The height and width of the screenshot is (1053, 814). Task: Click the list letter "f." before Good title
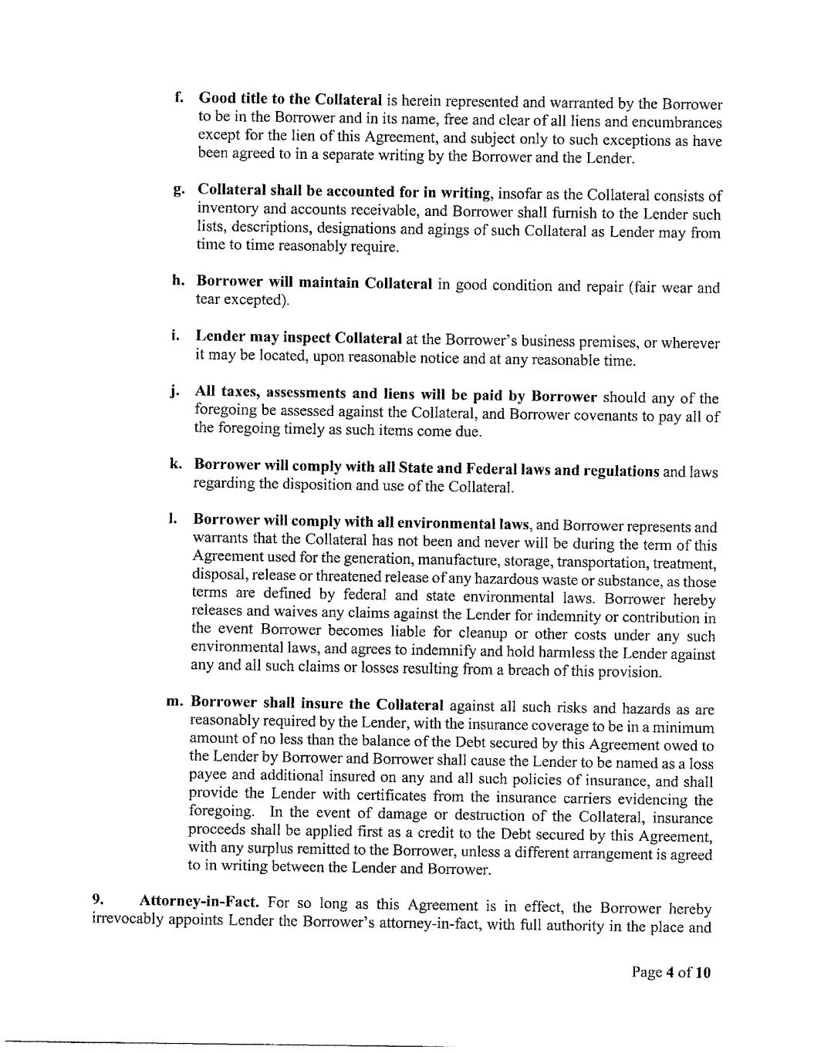tap(179, 98)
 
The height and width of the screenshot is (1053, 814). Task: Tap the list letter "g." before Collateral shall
tap(178, 189)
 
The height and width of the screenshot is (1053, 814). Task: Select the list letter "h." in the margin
tap(178, 281)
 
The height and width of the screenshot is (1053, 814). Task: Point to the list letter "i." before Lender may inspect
tap(176, 336)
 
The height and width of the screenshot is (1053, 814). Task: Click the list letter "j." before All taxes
tap(175, 391)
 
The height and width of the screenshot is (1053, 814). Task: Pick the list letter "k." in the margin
tap(175, 464)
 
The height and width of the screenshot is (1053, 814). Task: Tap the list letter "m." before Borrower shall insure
tap(174, 702)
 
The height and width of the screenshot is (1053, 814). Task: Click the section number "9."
tap(98, 899)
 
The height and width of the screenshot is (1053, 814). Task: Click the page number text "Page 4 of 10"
tap(670, 972)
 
